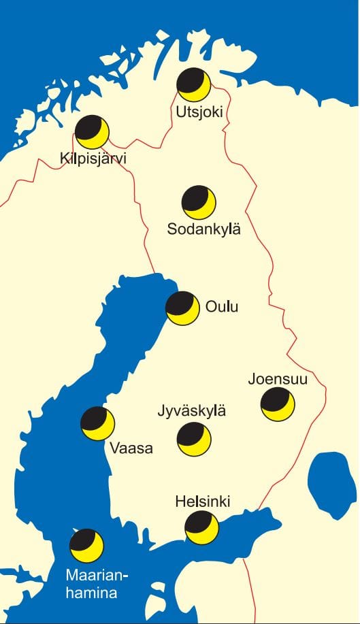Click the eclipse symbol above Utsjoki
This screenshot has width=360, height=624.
click(x=194, y=85)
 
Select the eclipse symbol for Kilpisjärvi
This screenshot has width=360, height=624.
click(x=92, y=132)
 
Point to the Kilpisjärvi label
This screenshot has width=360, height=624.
click(x=93, y=159)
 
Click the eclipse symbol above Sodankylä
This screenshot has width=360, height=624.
click(x=199, y=202)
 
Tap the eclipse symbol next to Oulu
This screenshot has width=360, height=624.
click(x=183, y=308)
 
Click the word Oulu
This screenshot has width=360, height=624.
click(x=222, y=308)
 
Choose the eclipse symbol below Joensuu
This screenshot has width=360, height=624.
click(x=278, y=405)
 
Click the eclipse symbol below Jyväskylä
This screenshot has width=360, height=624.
click(x=194, y=439)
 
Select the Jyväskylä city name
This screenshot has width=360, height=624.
click(x=191, y=412)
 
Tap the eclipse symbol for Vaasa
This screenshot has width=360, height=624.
click(x=97, y=423)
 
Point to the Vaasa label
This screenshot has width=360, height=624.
click(x=130, y=449)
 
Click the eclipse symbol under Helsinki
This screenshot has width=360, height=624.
click(x=202, y=528)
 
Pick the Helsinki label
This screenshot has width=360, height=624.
click(x=203, y=502)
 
